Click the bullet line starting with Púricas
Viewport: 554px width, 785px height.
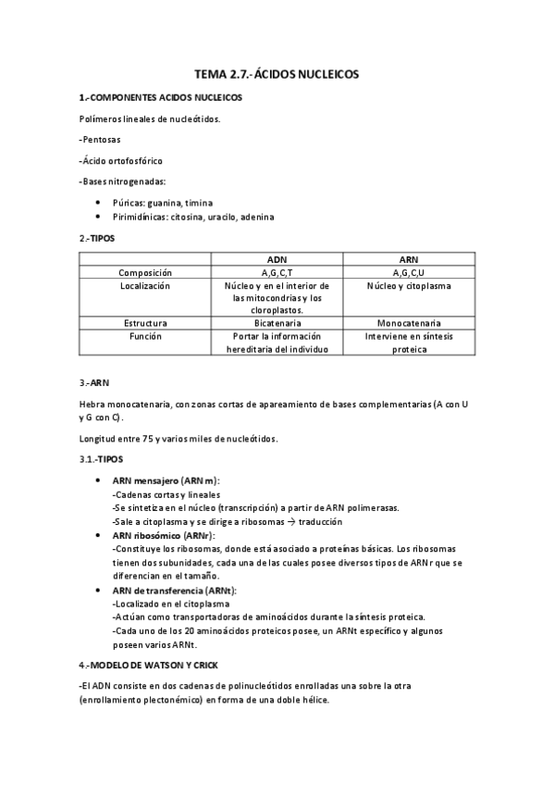pos(161,202)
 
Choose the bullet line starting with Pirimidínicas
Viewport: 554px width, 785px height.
pos(192,217)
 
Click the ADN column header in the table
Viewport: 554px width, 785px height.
pos(277,259)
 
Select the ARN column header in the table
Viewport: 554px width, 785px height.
pos(409,259)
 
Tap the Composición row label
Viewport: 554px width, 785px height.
pos(145,273)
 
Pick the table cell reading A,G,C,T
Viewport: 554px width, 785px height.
pos(277,273)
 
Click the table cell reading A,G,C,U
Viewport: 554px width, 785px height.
pos(409,273)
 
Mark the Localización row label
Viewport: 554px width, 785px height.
pos(145,287)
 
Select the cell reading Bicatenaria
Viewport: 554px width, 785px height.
pos(277,323)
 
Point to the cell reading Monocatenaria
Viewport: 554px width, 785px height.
pos(409,323)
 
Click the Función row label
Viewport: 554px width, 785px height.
pos(145,337)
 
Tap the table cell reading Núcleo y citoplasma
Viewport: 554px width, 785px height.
pos(409,287)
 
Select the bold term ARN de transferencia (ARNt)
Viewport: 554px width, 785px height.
pos(174,590)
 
